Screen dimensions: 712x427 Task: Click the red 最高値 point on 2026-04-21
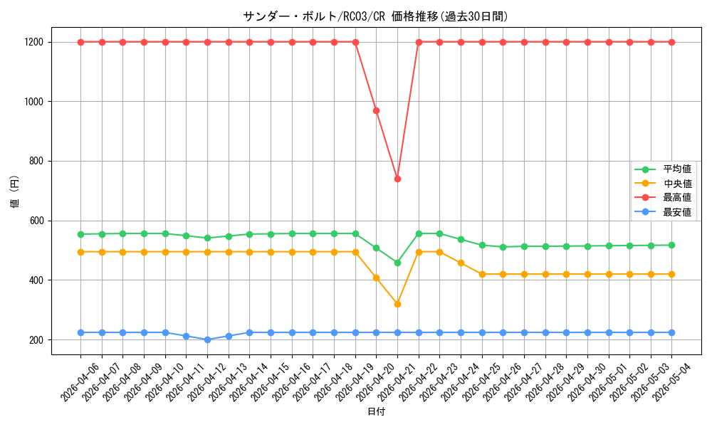coord(397,179)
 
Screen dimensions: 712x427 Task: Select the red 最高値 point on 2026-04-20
coord(376,111)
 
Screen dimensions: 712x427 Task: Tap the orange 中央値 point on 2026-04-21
coord(397,304)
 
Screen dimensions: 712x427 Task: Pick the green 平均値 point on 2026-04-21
coord(397,263)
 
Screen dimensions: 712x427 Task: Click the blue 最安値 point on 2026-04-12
coord(207,339)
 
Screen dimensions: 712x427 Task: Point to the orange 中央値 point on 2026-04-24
coord(461,263)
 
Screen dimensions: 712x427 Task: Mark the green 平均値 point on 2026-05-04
coord(671,245)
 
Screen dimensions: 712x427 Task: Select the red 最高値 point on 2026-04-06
coord(81,42)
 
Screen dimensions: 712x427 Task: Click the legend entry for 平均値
coord(664,169)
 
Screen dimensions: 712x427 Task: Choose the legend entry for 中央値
coord(664,184)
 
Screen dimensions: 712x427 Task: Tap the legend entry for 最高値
coord(664,197)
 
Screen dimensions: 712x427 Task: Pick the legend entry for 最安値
coord(664,212)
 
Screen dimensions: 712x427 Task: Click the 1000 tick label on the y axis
coord(34,102)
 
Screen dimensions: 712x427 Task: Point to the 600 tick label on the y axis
coord(36,221)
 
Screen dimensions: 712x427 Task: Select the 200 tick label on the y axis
coord(36,340)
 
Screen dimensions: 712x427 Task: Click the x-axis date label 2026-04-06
coord(73,383)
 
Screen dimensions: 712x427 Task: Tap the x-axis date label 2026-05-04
coord(664,383)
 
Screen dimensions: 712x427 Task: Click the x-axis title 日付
coord(376,411)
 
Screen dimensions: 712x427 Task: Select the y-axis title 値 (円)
coord(14,191)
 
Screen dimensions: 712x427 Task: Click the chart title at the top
coord(375,16)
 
